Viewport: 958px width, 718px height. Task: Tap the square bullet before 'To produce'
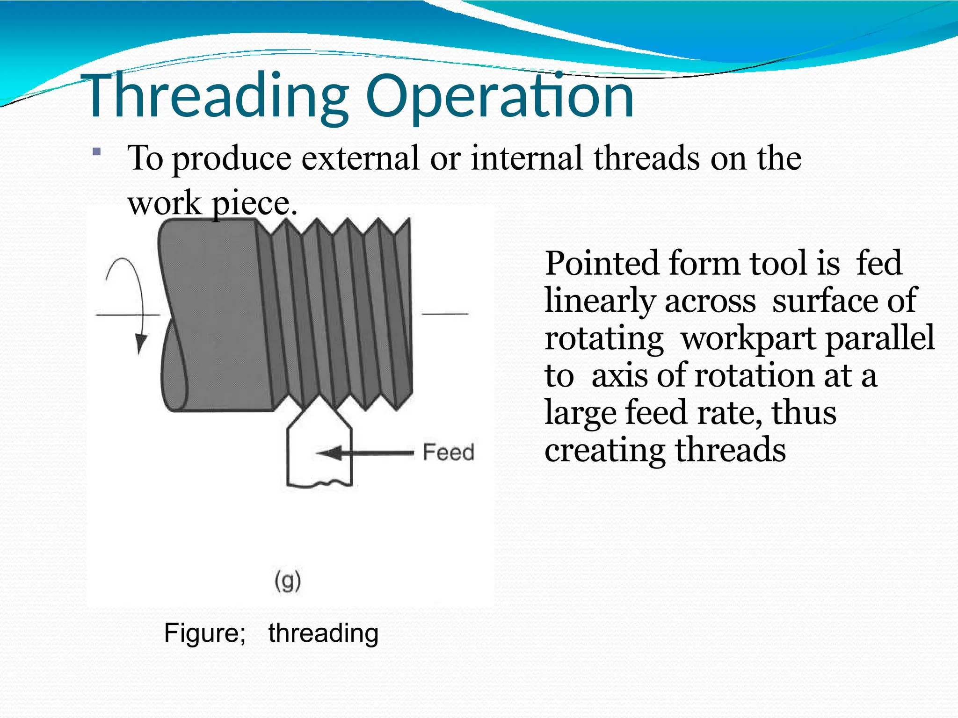point(97,151)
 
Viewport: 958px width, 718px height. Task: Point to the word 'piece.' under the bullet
point(254,204)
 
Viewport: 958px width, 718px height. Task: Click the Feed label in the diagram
point(448,452)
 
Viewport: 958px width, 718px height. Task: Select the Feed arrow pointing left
point(365,452)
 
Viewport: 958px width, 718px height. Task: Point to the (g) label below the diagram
point(287,582)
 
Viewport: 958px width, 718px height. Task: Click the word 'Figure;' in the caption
point(204,633)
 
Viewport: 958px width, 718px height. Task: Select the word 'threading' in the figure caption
point(323,633)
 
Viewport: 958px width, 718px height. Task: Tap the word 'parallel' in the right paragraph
point(879,338)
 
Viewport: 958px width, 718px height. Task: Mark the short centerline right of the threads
point(444,314)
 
